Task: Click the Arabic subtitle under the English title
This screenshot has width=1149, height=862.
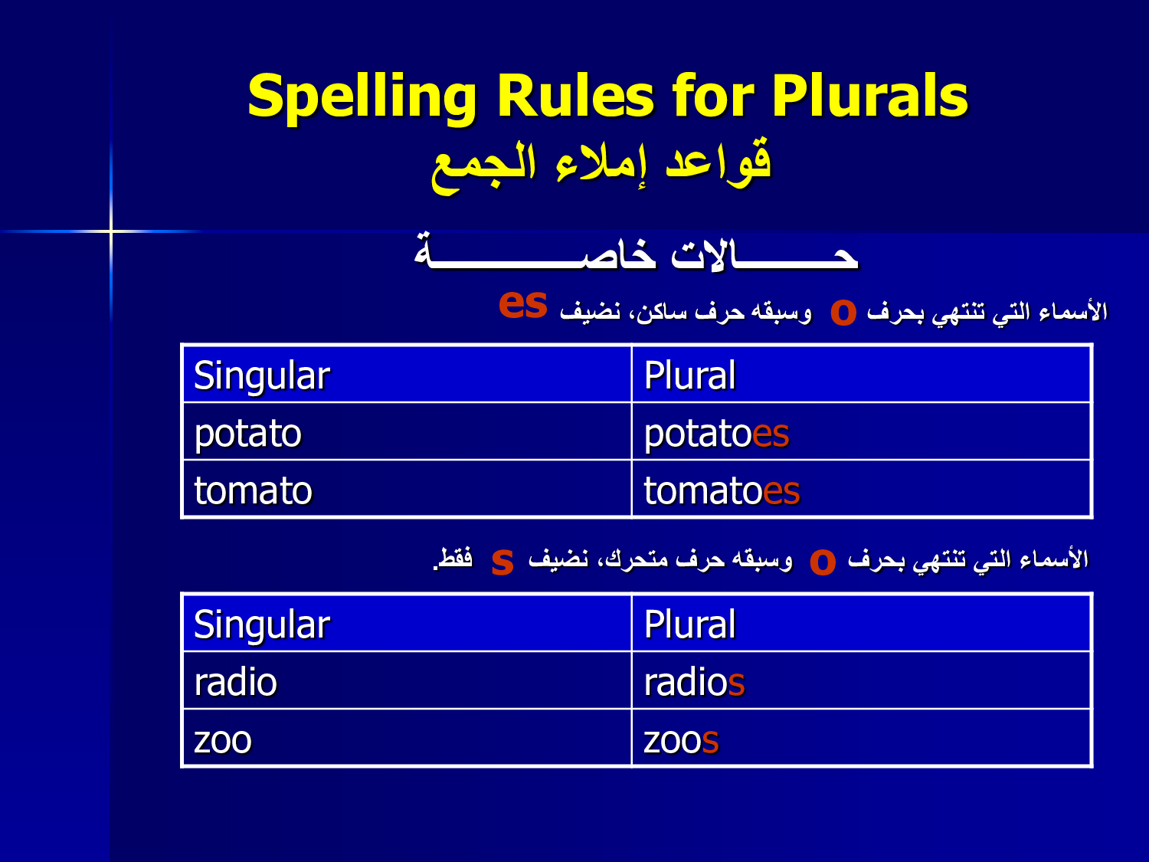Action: [601, 166]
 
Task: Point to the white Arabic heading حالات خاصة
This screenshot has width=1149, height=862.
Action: [636, 252]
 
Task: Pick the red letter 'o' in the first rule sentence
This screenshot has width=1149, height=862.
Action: [843, 312]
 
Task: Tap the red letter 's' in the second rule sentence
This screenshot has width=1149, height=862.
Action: [502, 562]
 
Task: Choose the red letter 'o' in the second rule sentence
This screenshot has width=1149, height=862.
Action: [823, 562]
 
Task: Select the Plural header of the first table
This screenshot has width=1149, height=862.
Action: [861, 374]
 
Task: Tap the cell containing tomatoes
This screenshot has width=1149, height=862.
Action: [861, 489]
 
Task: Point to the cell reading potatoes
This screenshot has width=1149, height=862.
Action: [861, 431]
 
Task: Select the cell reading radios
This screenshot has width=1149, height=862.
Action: [861, 680]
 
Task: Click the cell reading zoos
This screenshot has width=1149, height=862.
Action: [861, 738]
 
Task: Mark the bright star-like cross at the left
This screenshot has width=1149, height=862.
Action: [111, 231]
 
